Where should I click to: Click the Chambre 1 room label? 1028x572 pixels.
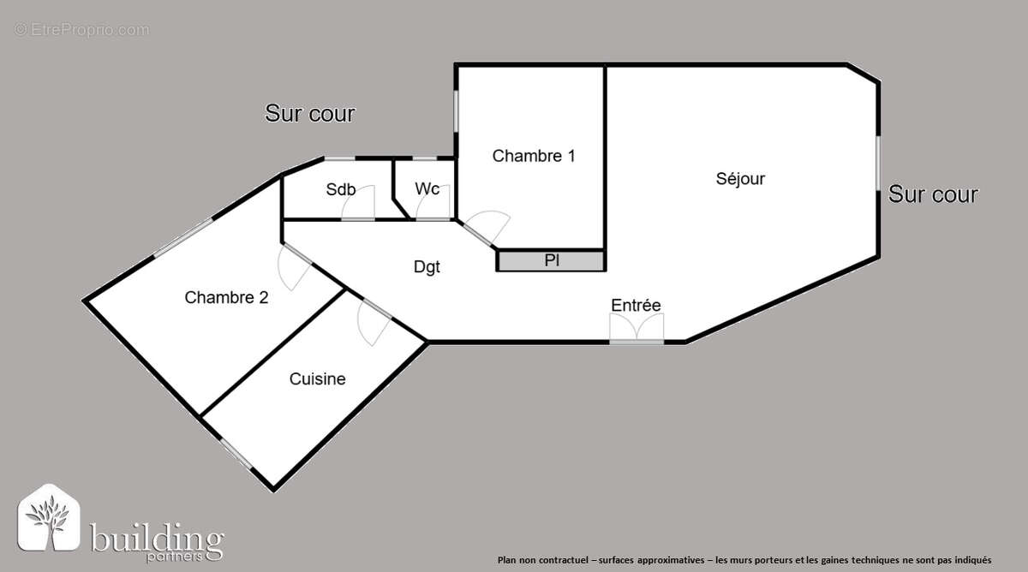534,156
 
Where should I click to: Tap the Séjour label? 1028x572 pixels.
740,179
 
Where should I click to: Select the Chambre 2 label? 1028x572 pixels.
226,298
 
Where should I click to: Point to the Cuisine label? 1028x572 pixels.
317,378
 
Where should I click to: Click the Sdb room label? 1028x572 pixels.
340,190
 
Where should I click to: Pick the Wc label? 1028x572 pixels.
427,188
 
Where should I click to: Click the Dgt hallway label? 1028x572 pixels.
427,267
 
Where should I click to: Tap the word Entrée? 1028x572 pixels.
636,305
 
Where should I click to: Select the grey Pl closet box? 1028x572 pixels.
552,260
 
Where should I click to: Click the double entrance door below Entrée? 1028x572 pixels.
637,329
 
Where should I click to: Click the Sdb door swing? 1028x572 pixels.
361,204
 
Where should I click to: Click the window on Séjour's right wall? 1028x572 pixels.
877,163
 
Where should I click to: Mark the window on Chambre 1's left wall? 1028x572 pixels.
456,110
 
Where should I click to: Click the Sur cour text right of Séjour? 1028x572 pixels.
933,194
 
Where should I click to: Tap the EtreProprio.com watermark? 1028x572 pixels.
81,30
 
